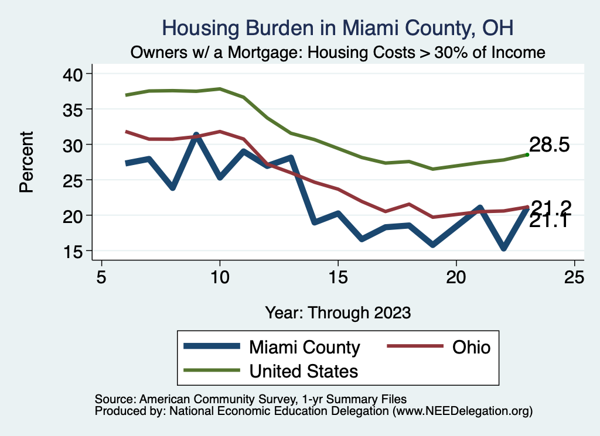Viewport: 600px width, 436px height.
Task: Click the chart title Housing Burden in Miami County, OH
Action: click(337, 28)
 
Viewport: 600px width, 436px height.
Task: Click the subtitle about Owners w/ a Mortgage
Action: click(337, 52)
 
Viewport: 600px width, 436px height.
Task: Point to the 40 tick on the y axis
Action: click(74, 74)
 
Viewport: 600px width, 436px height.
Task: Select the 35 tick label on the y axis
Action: click(74, 109)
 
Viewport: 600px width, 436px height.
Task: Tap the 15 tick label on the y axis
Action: click(74, 251)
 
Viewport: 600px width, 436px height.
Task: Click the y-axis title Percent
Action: click(26, 162)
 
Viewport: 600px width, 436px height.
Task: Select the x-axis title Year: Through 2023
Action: click(337, 312)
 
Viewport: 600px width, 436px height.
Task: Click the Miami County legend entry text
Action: click(305, 347)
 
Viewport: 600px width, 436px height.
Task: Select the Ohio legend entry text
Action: click(471, 347)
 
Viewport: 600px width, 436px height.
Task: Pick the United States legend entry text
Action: click(304, 370)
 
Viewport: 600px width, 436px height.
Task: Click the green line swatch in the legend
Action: click(212, 370)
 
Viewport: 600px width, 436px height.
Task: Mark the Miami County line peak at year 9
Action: click(196, 135)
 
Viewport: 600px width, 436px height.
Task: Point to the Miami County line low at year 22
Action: click(503, 248)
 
